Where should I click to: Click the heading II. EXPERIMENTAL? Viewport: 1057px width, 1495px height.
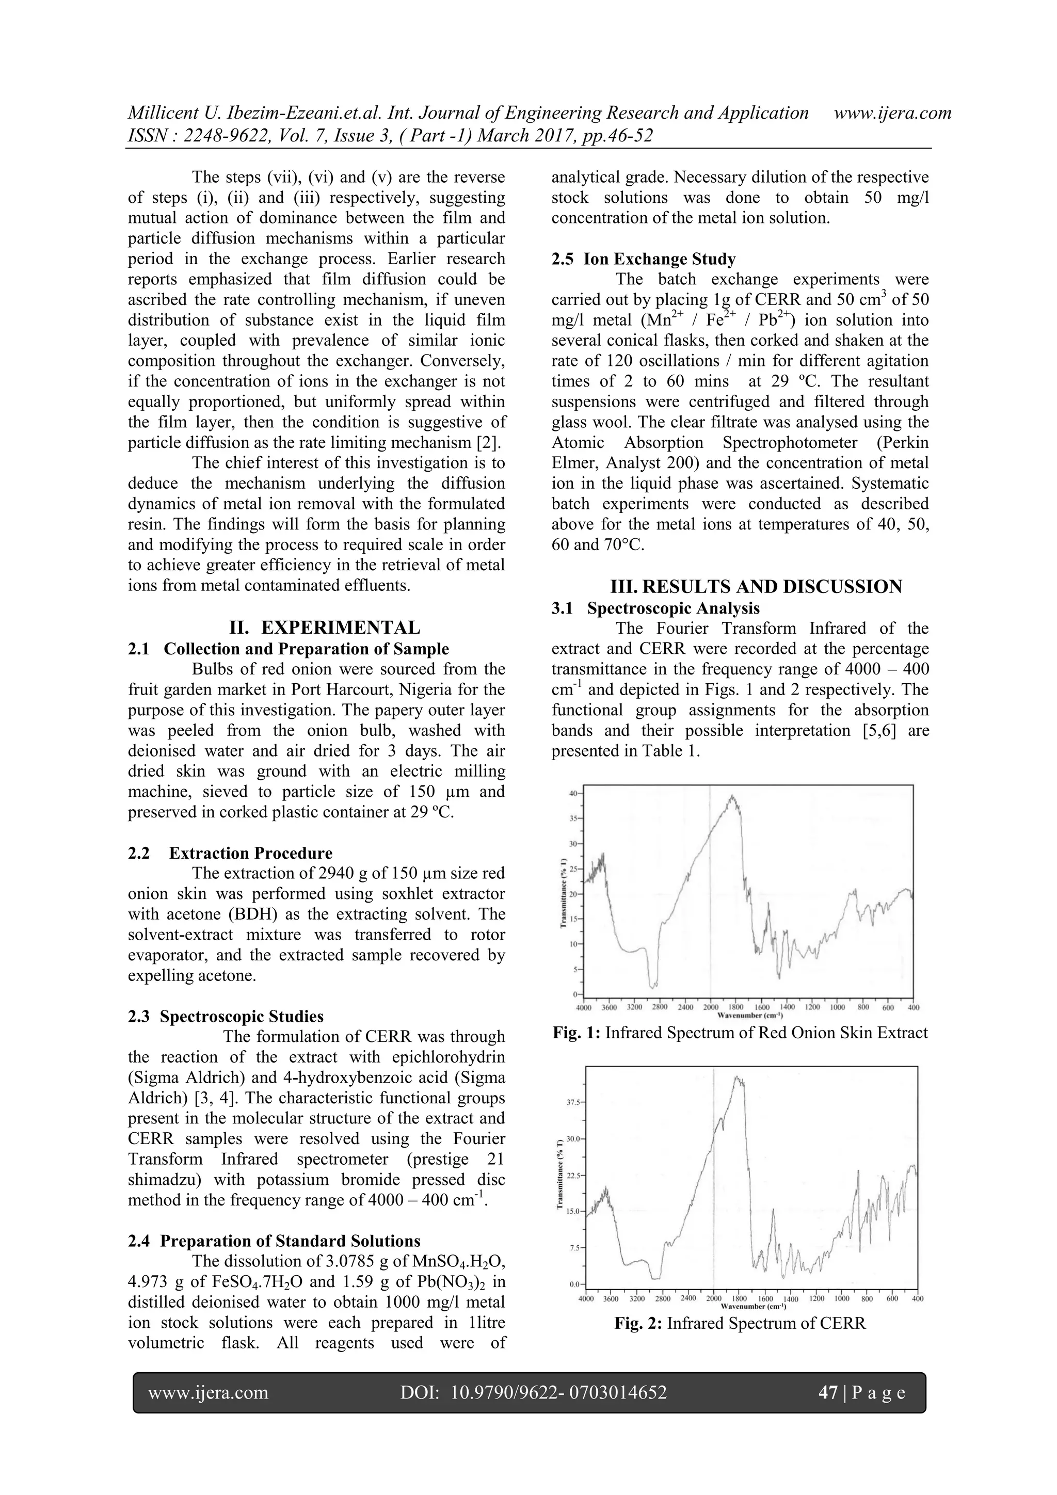(324, 628)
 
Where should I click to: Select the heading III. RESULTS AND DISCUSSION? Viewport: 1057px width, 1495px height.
(756, 587)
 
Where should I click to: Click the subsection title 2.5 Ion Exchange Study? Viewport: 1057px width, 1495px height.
(644, 259)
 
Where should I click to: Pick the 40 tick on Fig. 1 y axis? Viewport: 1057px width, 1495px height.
(573, 794)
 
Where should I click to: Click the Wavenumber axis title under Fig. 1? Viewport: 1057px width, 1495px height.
(749, 1015)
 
